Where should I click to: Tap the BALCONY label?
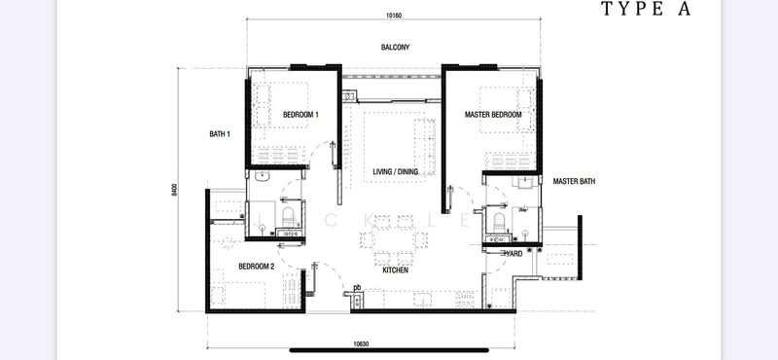coord(395,47)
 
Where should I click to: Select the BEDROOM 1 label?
coord(300,115)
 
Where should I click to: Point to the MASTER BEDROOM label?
coord(493,115)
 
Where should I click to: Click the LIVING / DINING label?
coord(396,172)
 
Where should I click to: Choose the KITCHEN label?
coord(395,270)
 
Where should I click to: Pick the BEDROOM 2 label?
coord(257,266)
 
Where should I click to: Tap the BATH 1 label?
coord(220,133)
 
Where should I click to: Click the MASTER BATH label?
coord(574,181)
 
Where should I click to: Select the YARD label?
coord(513,253)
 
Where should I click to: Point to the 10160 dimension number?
coord(393,15)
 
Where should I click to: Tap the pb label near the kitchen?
coord(357,286)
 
